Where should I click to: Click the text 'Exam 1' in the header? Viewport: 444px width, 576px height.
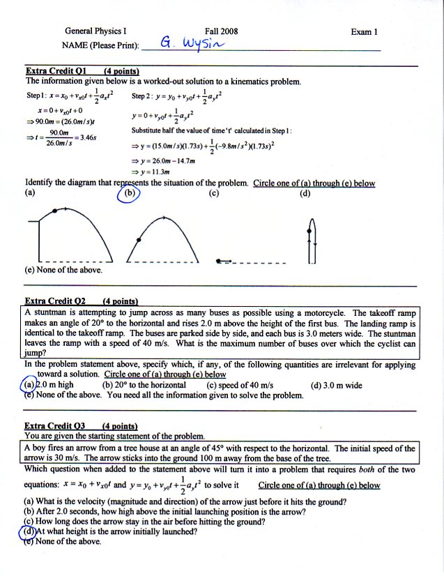[x=365, y=31]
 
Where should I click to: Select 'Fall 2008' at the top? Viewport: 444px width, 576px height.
[x=222, y=31]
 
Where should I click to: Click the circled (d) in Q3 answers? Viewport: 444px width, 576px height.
[x=29, y=531]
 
